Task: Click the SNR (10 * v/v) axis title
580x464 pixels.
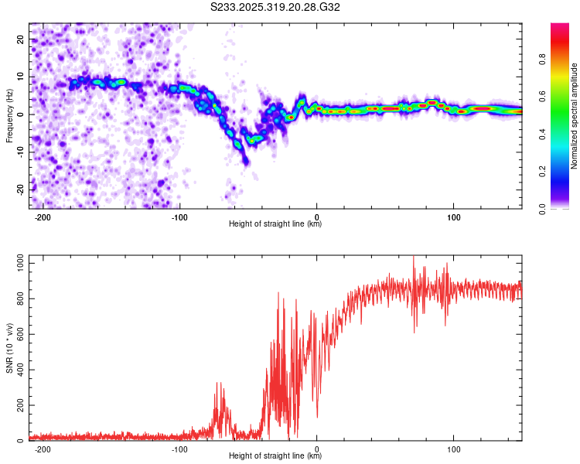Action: [9, 347]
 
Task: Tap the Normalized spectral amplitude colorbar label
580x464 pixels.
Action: [575, 116]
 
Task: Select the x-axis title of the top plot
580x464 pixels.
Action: [275, 224]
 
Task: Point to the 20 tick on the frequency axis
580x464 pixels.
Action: [21, 39]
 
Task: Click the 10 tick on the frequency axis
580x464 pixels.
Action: [21, 77]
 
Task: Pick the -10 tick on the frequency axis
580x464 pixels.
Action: [19, 152]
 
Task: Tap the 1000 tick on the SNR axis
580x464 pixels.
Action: [16, 264]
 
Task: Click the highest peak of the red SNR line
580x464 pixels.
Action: [413, 256]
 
